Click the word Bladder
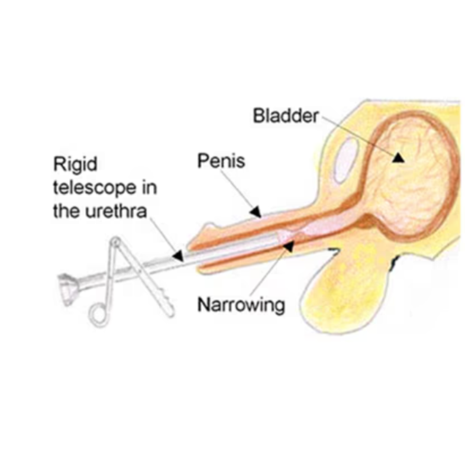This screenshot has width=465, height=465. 286,115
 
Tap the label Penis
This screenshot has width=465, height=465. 221,161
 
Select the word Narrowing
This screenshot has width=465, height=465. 241,305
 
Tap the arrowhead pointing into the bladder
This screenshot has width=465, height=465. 399,157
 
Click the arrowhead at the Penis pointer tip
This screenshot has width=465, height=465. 256,212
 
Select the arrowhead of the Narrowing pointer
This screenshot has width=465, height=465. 288,247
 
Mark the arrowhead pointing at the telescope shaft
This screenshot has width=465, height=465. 178,256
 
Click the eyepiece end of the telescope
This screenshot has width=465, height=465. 67,289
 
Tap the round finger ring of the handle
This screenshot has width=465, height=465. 99,317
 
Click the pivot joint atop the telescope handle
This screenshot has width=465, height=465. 115,242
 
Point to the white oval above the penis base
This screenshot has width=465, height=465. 346,160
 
